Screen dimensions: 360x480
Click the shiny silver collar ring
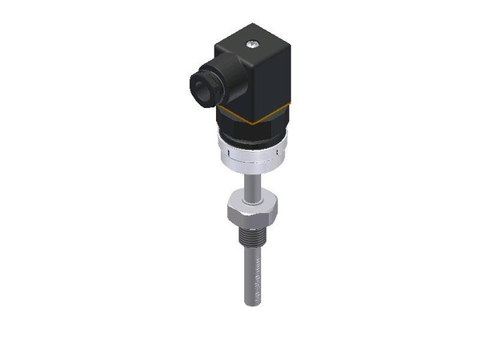coord(251,151)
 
